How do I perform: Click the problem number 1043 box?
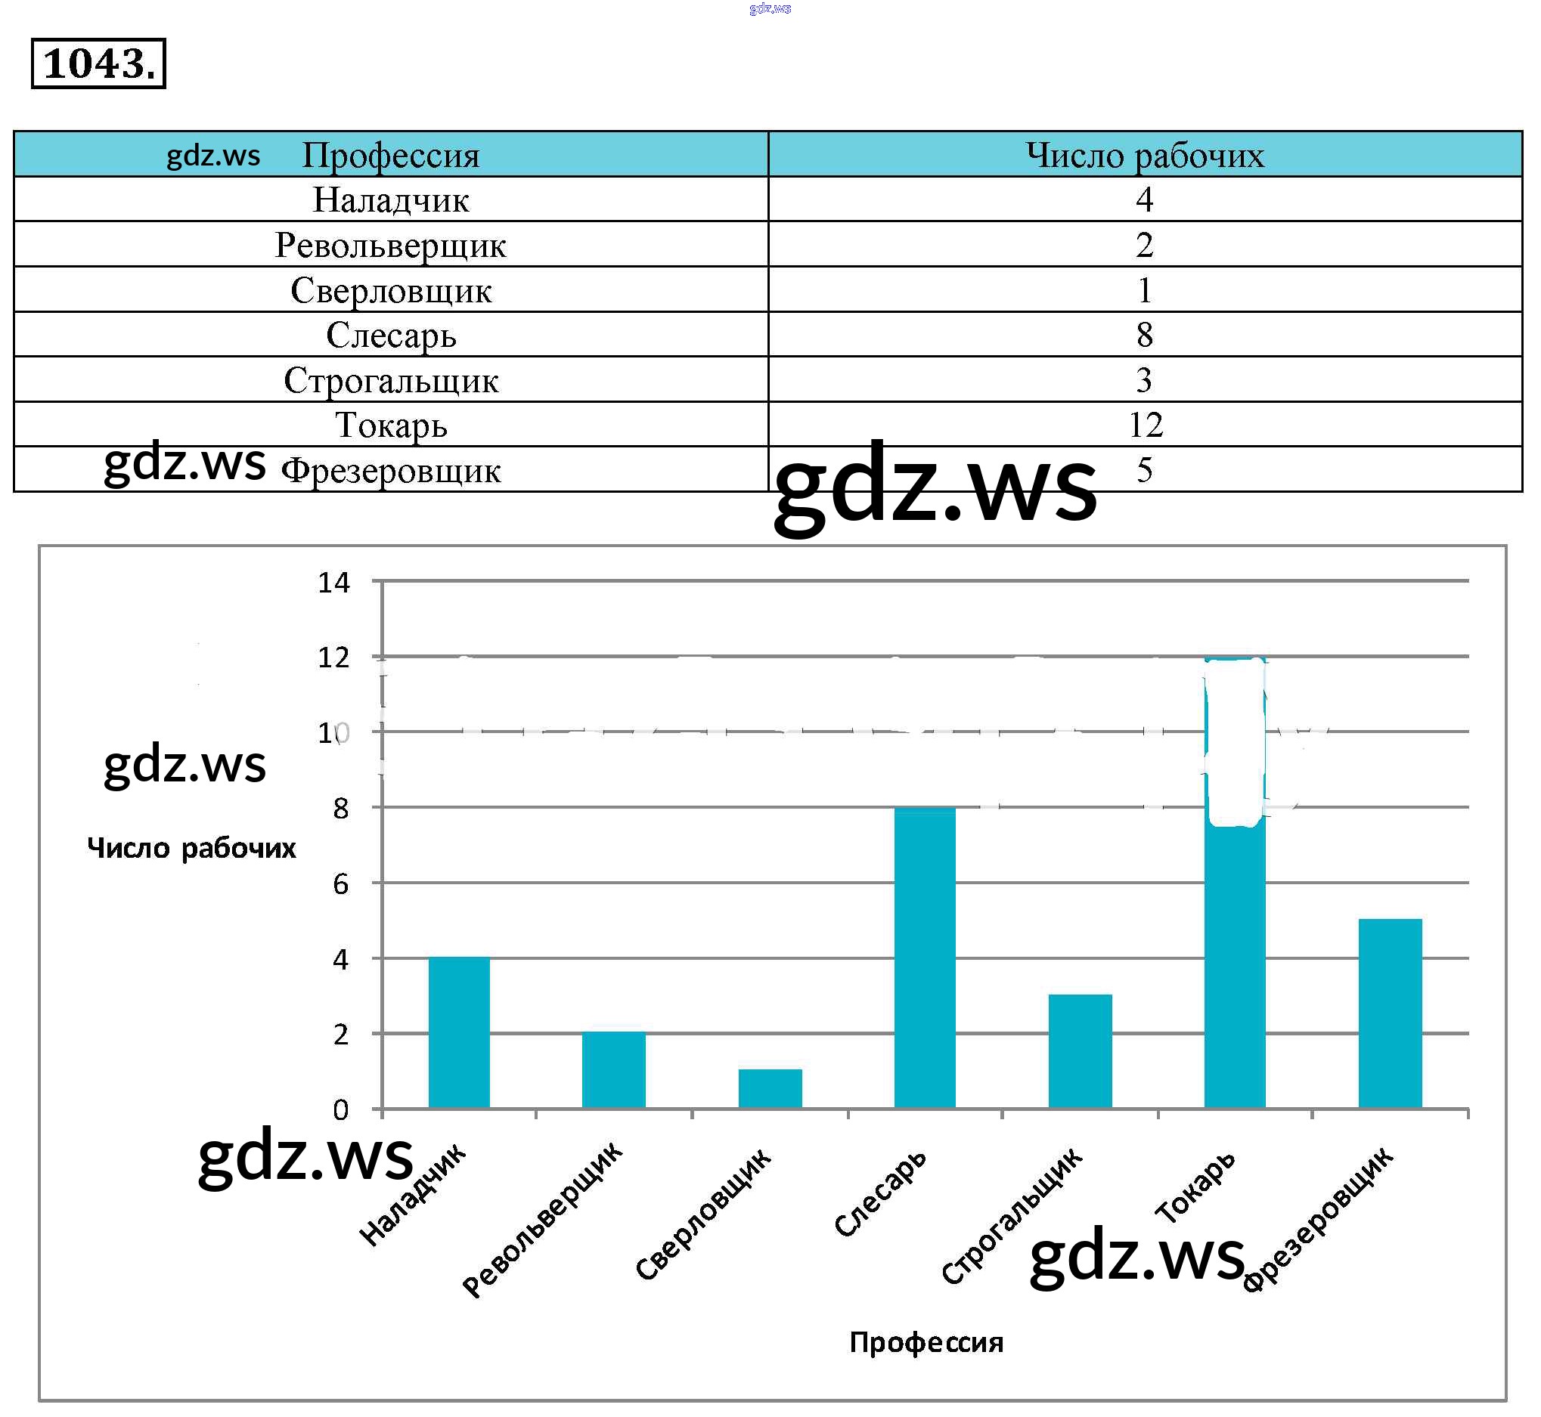click(x=98, y=63)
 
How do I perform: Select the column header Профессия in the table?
click(x=390, y=155)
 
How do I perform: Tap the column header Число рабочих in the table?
click(x=1145, y=155)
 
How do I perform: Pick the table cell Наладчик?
click(x=390, y=200)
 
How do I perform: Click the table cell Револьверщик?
click(x=390, y=246)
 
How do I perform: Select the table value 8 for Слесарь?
click(x=1145, y=335)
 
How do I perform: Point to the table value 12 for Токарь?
click(x=1146, y=425)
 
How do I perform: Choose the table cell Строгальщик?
click(x=390, y=380)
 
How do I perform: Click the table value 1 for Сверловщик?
click(x=1145, y=291)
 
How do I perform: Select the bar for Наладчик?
click(x=459, y=1032)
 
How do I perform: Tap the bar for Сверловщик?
click(x=770, y=1088)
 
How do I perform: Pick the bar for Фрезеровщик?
click(x=1390, y=1013)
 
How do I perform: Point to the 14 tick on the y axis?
click(x=333, y=583)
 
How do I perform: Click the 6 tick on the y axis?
click(x=340, y=885)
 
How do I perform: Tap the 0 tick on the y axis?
click(x=340, y=1110)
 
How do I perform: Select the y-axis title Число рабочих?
click(x=192, y=848)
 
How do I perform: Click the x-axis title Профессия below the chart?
click(x=926, y=1342)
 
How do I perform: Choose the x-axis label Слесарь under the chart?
click(x=881, y=1193)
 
